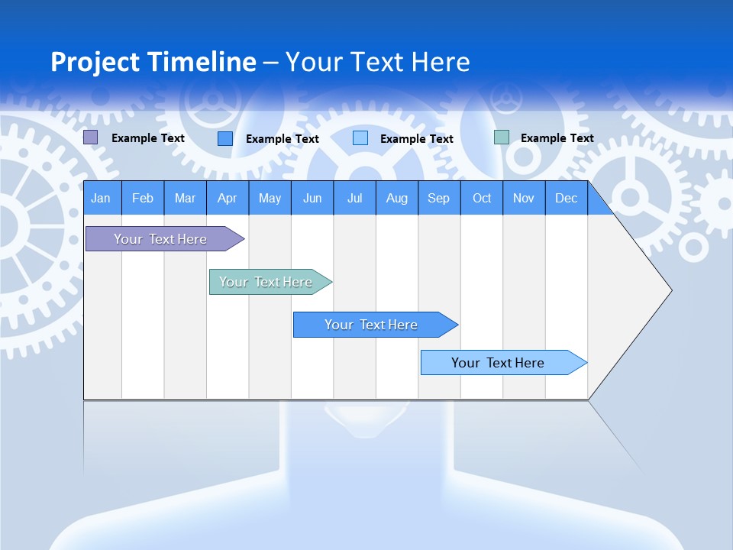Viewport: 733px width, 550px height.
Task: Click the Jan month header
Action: [101, 198]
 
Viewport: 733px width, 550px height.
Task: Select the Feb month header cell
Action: [143, 198]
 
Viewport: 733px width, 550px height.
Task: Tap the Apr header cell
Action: [228, 198]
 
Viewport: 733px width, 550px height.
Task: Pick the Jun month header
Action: [312, 198]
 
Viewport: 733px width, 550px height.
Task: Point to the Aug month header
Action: [397, 198]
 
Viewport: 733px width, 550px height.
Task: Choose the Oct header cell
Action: [482, 198]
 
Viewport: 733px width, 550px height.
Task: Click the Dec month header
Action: [567, 198]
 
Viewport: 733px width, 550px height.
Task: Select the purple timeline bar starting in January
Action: [160, 239]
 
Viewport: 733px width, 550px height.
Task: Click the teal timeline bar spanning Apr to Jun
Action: [266, 282]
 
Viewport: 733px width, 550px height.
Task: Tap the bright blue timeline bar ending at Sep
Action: [371, 325]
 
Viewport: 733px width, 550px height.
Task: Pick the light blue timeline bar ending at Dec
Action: [498, 363]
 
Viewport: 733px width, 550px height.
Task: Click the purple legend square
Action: [91, 137]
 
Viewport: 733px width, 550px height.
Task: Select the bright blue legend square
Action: [225, 138]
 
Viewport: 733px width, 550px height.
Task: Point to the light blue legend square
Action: [360, 138]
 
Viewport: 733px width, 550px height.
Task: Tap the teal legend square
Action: [502, 137]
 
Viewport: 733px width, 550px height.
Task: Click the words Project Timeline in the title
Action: [153, 62]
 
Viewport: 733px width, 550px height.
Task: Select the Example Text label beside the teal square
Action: [557, 138]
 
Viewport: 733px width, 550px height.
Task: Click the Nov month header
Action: [524, 198]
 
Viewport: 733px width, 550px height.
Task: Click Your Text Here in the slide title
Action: [378, 62]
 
